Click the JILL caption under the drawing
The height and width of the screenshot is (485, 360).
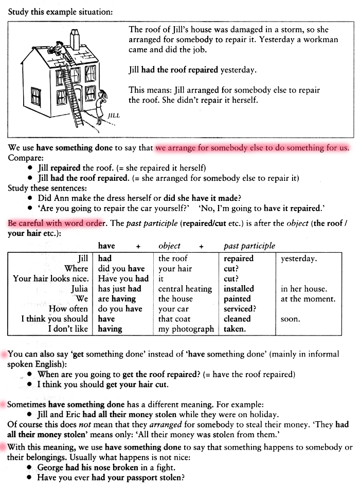point(114,116)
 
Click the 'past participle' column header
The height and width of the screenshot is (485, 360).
point(249,246)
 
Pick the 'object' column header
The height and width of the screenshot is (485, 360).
point(169,246)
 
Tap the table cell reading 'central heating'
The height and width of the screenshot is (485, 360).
point(185,289)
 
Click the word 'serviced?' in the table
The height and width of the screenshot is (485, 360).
point(240,309)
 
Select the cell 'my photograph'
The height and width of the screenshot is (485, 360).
point(186,329)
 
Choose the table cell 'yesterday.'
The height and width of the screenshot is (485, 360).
point(299,258)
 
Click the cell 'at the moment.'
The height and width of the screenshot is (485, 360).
point(308,299)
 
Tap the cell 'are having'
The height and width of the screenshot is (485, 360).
point(116,299)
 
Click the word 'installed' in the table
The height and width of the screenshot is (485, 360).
point(239,289)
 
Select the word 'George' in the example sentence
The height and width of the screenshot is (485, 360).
point(50,468)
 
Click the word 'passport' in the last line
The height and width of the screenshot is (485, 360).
point(142,477)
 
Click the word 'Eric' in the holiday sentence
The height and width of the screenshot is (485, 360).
point(78,414)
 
